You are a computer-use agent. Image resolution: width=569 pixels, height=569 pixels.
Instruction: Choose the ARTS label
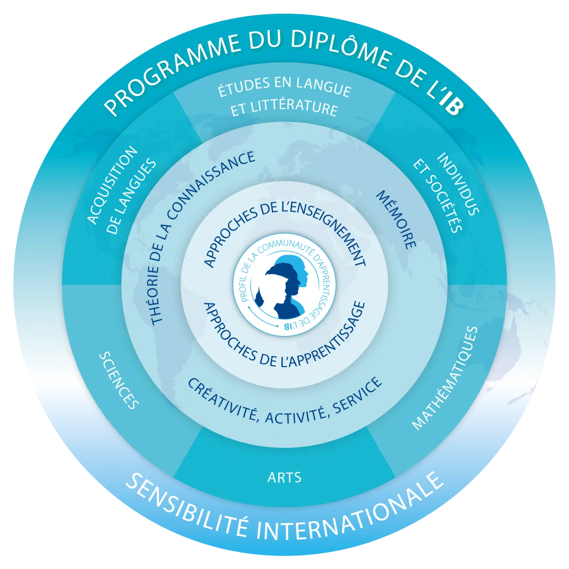click(284, 478)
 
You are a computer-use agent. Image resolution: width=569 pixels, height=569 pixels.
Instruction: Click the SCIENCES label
click(119, 380)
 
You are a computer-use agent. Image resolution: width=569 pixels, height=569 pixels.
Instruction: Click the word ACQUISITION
click(112, 185)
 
